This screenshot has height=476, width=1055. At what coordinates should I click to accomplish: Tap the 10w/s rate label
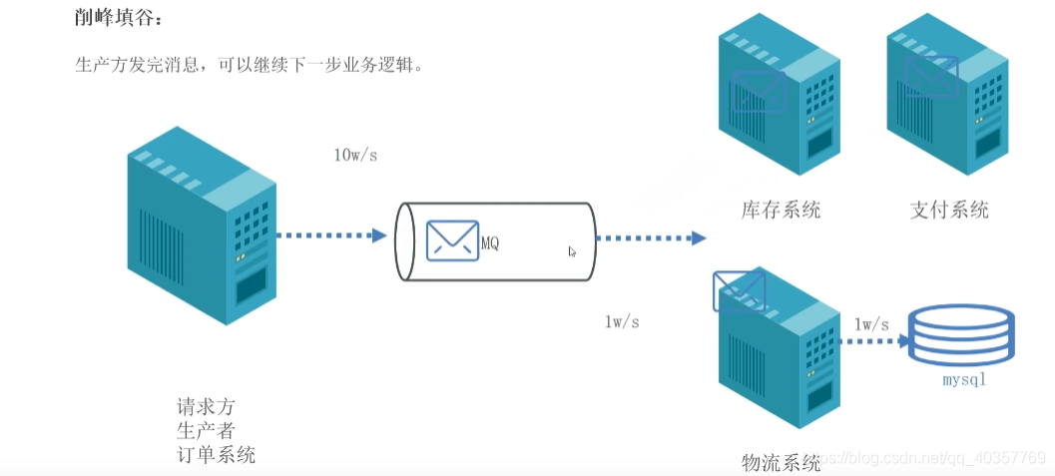[x=356, y=156]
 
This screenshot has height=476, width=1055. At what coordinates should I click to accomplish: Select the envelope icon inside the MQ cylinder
[x=452, y=239]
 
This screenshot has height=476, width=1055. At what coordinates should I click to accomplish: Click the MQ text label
[x=490, y=243]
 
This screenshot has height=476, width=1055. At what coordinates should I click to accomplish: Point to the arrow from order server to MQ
[x=330, y=237]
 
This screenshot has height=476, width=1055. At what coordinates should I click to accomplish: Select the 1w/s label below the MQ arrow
[x=622, y=321]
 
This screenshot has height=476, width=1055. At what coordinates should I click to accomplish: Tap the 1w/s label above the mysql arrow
[x=871, y=323]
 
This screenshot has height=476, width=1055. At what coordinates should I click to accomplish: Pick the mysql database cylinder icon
[x=960, y=336]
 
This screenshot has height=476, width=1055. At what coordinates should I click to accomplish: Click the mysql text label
[x=963, y=381]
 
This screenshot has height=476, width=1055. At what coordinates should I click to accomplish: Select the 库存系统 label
[x=781, y=210]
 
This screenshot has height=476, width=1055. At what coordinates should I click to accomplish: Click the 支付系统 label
[x=949, y=210]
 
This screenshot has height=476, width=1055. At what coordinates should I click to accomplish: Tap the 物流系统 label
[x=781, y=463]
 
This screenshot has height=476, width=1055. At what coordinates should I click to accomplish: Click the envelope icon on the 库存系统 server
[x=759, y=91]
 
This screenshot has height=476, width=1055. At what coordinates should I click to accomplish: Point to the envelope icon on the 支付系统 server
[x=930, y=74]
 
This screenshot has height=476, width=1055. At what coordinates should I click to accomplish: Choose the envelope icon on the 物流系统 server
[x=739, y=290]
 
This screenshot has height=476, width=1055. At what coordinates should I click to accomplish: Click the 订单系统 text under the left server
[x=216, y=455]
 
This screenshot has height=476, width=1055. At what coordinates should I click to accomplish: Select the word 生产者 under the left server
[x=206, y=431]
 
